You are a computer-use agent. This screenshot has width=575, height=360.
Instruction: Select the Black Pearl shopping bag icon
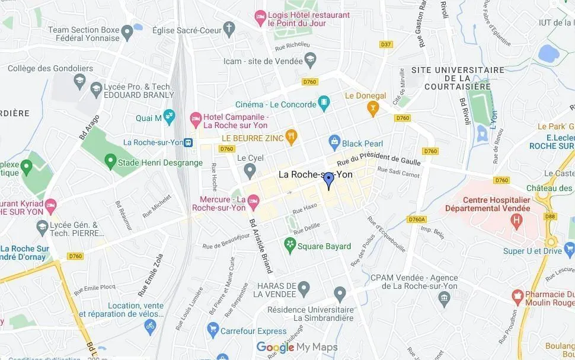click(334, 142)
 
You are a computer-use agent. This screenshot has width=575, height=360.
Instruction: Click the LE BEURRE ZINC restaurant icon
click(290, 138)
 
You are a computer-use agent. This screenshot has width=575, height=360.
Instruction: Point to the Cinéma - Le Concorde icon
click(324, 104)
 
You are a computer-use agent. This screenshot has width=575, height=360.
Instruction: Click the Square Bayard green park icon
click(290, 244)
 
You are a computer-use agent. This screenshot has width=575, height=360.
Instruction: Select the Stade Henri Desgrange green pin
click(110, 161)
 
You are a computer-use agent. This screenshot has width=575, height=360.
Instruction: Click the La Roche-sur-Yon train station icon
click(189, 142)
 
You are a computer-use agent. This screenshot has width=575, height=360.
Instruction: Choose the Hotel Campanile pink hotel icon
click(196, 120)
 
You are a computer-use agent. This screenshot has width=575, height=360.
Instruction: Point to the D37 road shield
click(386, 44)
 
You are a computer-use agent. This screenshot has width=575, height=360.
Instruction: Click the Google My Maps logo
click(297, 348)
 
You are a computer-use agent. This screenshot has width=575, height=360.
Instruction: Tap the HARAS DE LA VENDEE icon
click(304, 289)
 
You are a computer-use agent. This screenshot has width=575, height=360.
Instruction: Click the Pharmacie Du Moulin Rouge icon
click(517, 295)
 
